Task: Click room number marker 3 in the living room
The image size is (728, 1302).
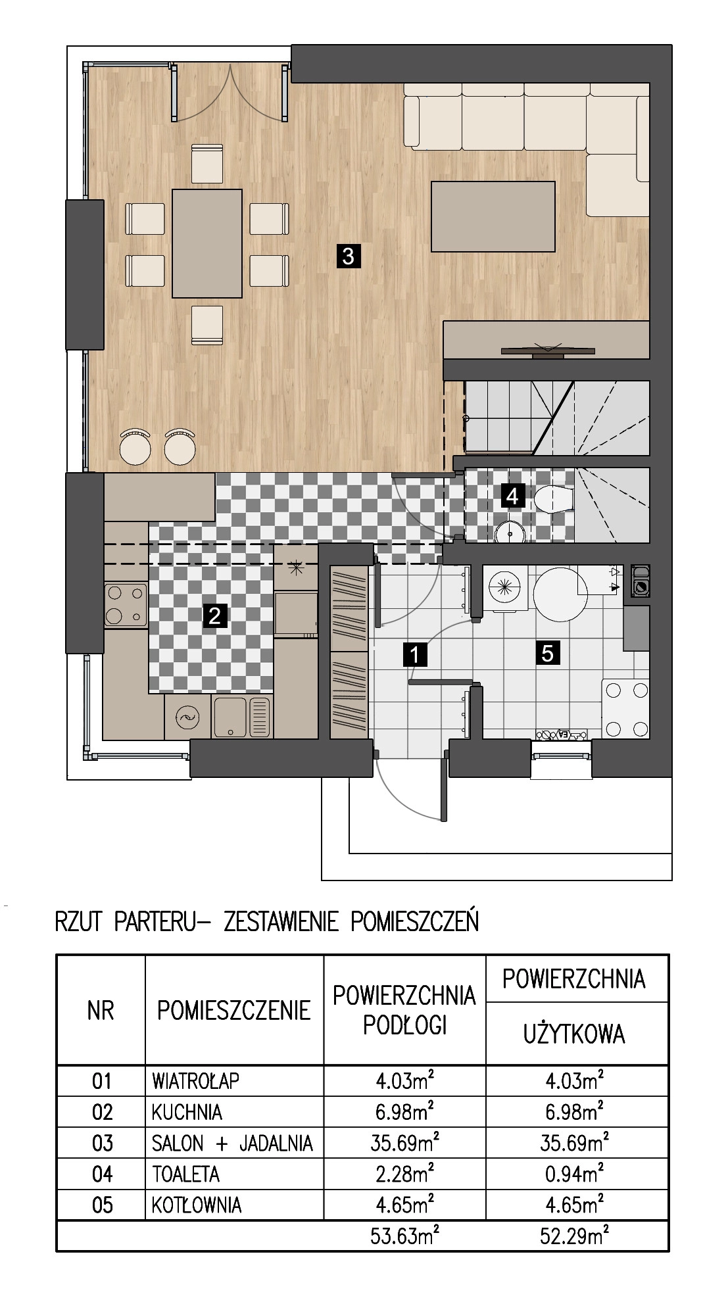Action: pyautogui.click(x=348, y=255)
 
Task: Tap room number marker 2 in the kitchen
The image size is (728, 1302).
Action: pyautogui.click(x=214, y=616)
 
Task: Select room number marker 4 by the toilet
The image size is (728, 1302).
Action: pyautogui.click(x=512, y=495)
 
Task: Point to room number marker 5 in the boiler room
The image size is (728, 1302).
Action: pyautogui.click(x=548, y=654)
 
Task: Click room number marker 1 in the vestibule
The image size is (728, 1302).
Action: pyautogui.click(x=414, y=655)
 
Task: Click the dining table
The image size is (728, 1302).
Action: pyautogui.click(x=207, y=243)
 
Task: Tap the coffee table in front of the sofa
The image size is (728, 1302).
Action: pyautogui.click(x=493, y=216)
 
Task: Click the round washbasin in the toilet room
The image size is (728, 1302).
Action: pyautogui.click(x=509, y=531)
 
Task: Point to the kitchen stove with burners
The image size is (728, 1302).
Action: pyautogui.click(x=126, y=605)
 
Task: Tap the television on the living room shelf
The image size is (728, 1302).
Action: pyautogui.click(x=548, y=350)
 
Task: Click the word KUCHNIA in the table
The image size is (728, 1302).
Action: pyautogui.click(x=187, y=1112)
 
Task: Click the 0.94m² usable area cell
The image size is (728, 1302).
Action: pyautogui.click(x=574, y=1173)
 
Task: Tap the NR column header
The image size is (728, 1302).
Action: pyautogui.click(x=101, y=1011)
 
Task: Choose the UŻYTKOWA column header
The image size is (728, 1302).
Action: pyautogui.click(x=574, y=1035)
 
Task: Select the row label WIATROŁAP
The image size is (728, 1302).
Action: pyautogui.click(x=196, y=1080)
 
